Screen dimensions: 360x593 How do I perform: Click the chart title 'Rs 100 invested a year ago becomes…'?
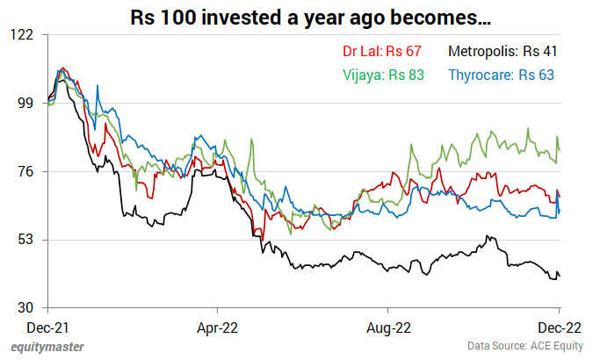tap(297, 18)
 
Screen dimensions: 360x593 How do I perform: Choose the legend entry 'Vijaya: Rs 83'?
tap(382, 75)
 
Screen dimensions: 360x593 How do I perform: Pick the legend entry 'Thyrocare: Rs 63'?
tap(501, 75)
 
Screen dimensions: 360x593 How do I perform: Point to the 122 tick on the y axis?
tap(21, 34)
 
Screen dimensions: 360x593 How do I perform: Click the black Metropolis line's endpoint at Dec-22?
tap(560, 277)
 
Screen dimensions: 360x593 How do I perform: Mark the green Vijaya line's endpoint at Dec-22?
tap(560, 150)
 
